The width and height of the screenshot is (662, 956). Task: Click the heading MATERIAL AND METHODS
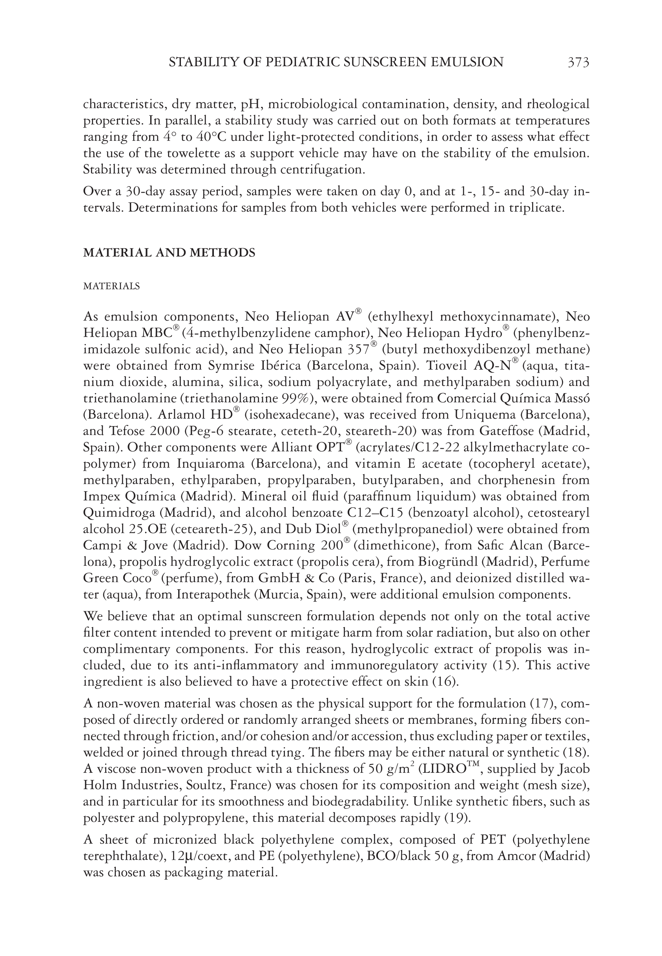pos(169,253)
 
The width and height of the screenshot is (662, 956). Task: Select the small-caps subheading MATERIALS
pos(111,286)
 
